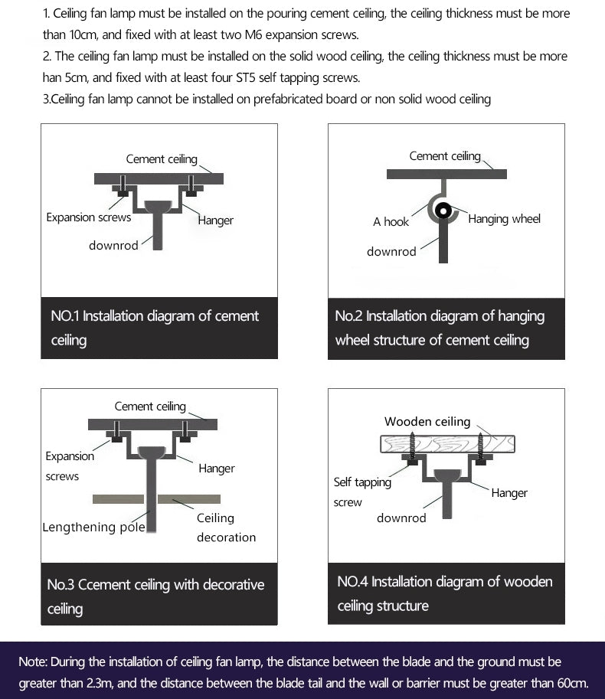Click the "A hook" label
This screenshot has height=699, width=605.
(391, 222)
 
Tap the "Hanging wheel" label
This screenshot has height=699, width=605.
(504, 219)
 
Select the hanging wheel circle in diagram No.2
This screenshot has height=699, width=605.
(443, 211)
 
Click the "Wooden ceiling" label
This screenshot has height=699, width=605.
(427, 422)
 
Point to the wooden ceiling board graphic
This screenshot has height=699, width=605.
(446, 444)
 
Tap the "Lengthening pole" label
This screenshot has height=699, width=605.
(93, 528)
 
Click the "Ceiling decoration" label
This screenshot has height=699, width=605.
(226, 528)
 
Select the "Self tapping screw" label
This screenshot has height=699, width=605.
(361, 492)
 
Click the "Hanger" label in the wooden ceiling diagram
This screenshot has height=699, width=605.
(509, 493)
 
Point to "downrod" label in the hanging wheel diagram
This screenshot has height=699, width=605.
(391, 252)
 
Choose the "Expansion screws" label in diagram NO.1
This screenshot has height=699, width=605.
(88, 217)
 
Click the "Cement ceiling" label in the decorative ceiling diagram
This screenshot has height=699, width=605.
(150, 407)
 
